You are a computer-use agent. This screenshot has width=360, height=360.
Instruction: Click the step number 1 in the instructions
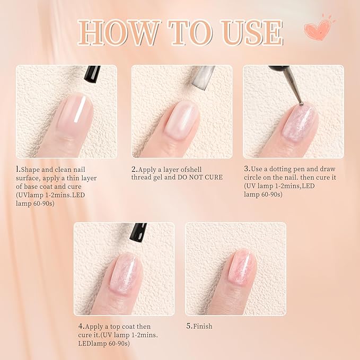pyautogui.click(x=18, y=170)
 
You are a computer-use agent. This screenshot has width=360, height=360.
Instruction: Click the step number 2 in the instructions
pyautogui.click(x=134, y=170)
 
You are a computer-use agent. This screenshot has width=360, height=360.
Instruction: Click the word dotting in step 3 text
pyautogui.click(x=286, y=170)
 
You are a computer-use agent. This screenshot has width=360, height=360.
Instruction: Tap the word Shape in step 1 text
pyautogui.click(x=31, y=170)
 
